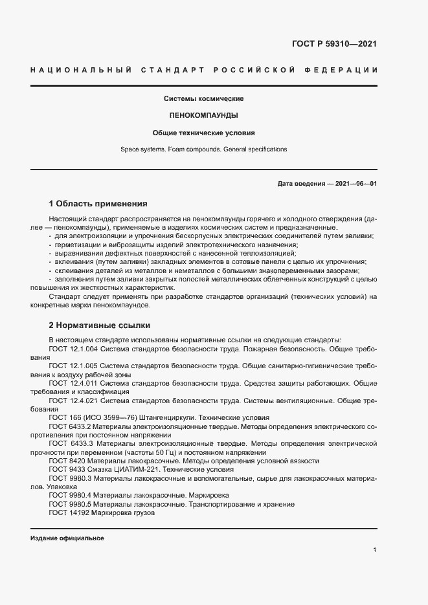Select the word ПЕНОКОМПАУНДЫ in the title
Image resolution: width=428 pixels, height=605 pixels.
pyautogui.click(x=203, y=116)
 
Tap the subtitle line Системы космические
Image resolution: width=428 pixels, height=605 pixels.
pyautogui.click(x=203, y=99)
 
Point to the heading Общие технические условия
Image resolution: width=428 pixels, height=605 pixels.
pyautogui.click(x=203, y=133)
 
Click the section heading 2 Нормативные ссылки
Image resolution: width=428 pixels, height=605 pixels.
pyautogui.click(x=99, y=325)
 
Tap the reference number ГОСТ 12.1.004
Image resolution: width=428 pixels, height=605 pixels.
pyautogui.click(x=73, y=349)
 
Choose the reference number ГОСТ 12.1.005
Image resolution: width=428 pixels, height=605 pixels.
pyautogui.click(x=73, y=366)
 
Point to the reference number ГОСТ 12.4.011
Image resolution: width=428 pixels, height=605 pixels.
pyautogui.click(x=73, y=382)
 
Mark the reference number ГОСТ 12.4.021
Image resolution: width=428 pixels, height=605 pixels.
pyautogui.click(x=73, y=400)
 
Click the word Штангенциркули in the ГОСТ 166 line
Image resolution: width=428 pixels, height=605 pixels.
pyautogui.click(x=165, y=417)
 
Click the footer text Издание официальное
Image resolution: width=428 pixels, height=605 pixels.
pyautogui.click(x=67, y=538)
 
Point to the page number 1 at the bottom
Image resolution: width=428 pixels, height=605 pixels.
pyautogui.click(x=375, y=550)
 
